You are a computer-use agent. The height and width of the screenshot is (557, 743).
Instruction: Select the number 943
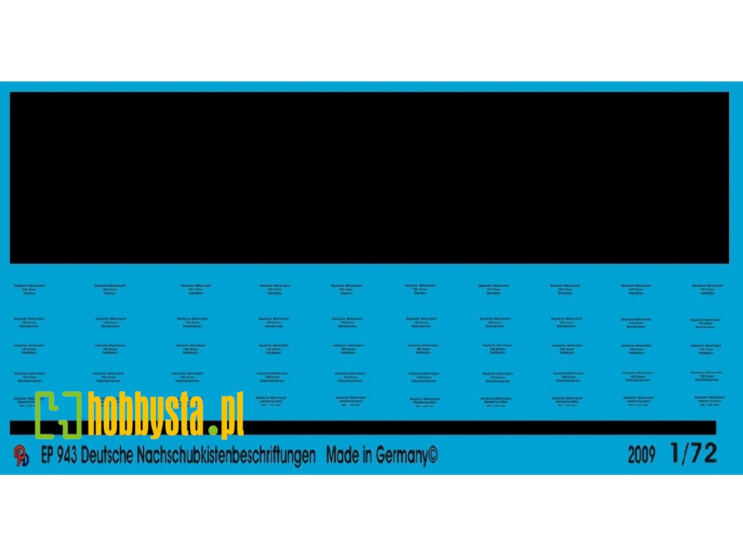pos(68,456)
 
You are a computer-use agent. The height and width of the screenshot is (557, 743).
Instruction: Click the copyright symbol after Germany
pos(432,456)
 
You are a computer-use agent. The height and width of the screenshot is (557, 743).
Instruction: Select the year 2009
pos(641,456)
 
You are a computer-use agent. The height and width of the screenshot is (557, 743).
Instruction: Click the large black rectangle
pos(369,178)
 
